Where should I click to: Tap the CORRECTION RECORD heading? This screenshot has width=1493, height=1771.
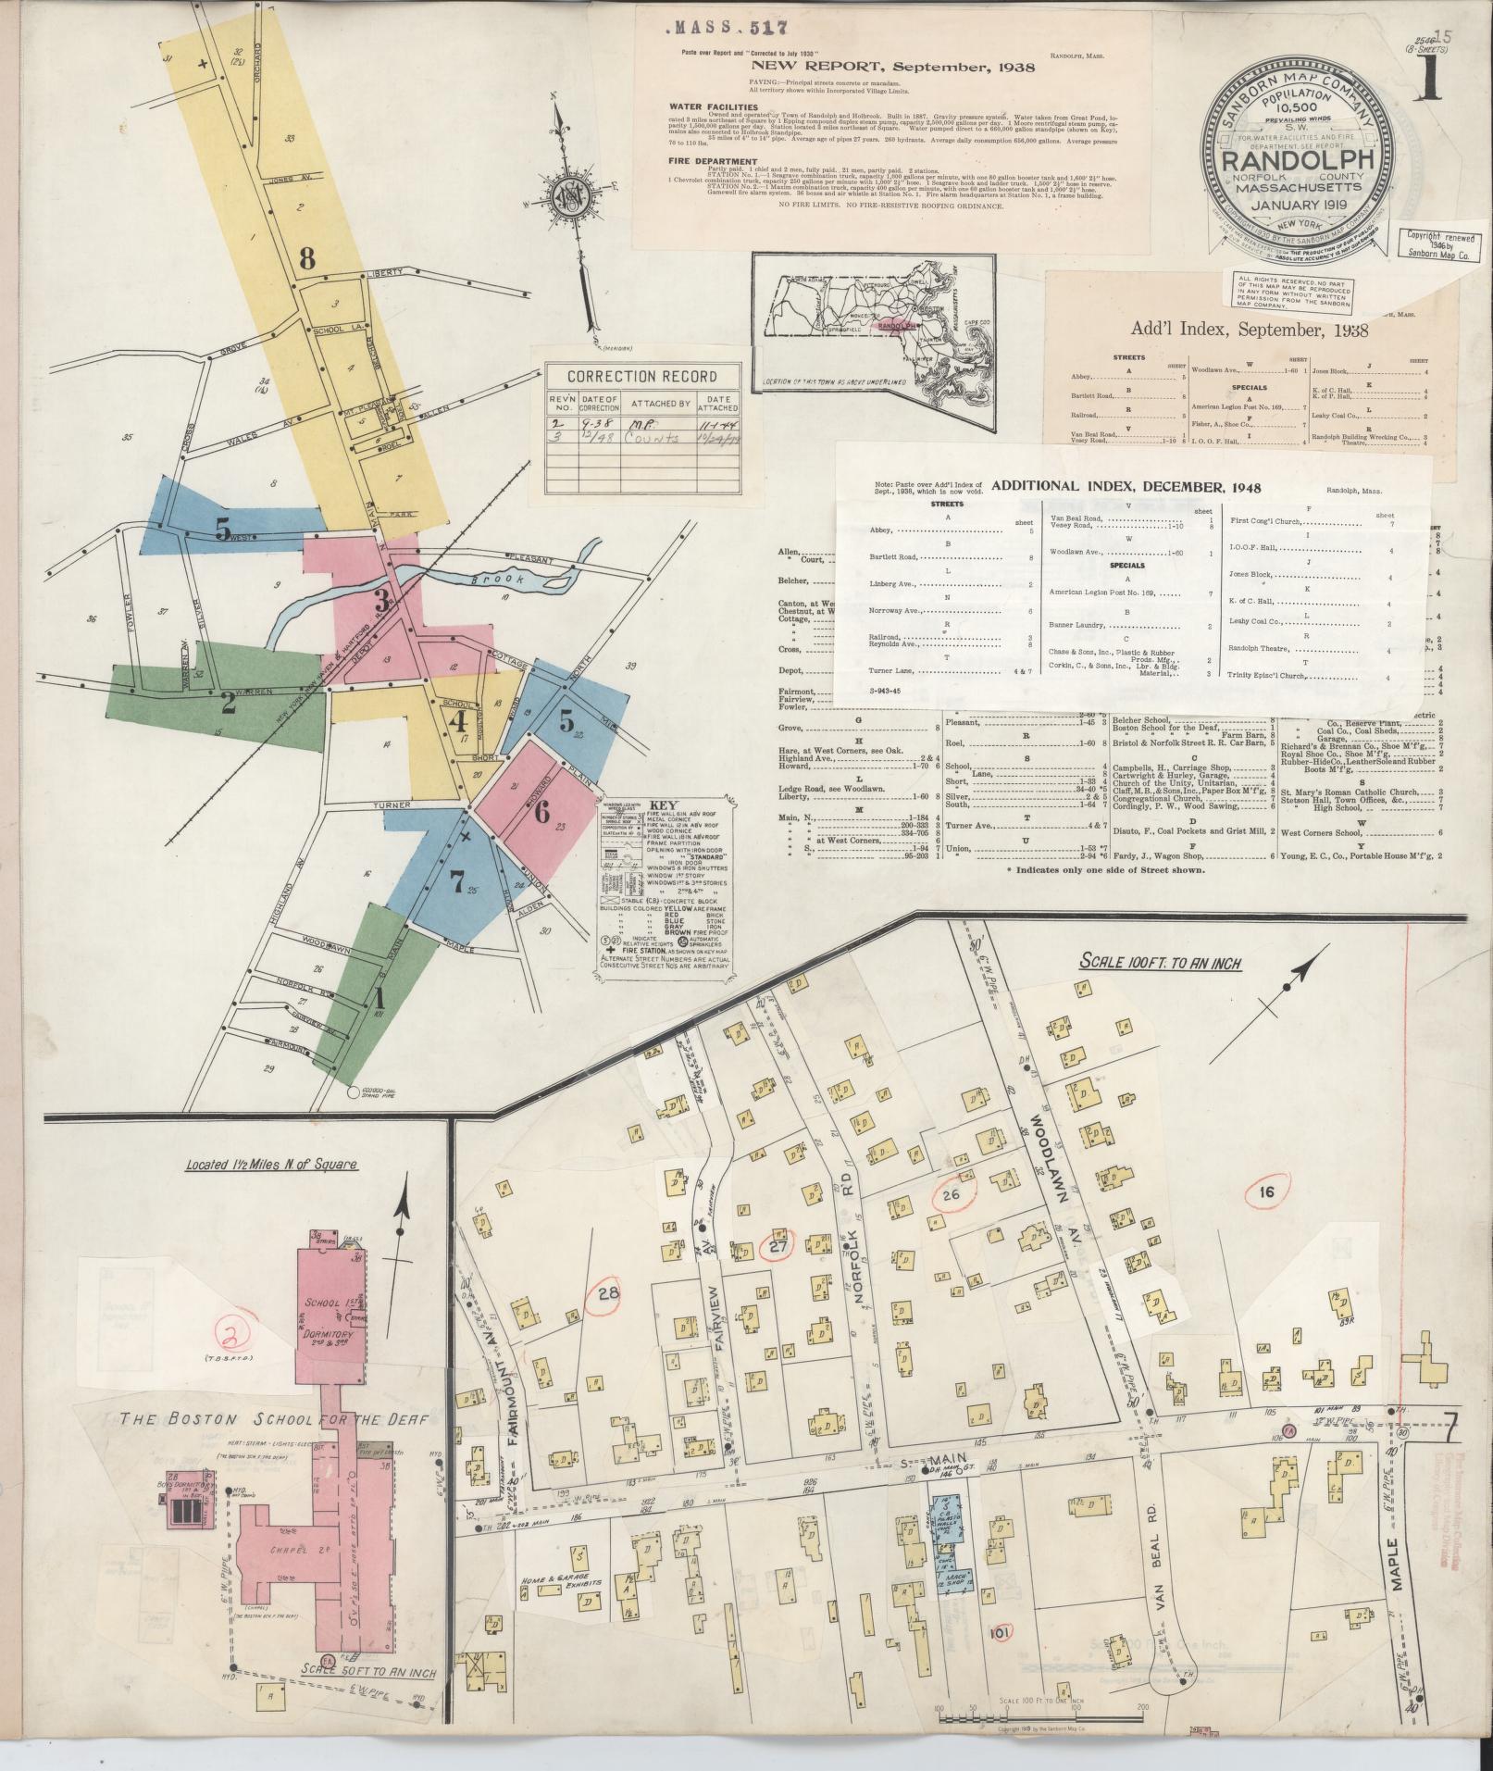pyautogui.click(x=642, y=377)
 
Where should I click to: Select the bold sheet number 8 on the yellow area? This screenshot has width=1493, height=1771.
pyautogui.click(x=307, y=259)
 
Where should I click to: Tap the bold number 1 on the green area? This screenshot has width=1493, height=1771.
pyautogui.click(x=377, y=999)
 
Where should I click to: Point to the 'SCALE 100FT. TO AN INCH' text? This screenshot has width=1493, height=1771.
pyautogui.click(x=1160, y=963)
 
